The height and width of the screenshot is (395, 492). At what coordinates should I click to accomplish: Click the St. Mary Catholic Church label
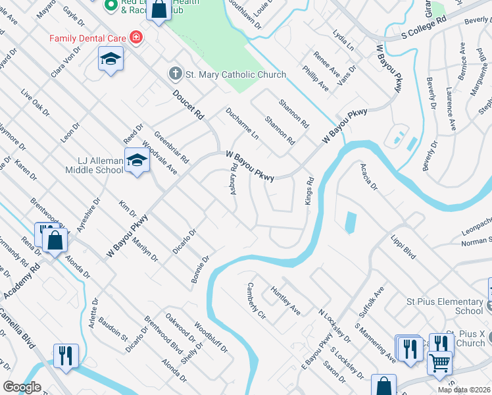click(235, 74)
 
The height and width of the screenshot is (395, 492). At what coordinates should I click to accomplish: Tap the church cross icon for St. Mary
click(176, 74)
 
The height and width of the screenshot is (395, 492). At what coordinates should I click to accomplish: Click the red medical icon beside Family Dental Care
click(136, 38)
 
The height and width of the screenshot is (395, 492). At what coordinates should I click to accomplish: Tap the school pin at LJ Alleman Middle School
click(137, 161)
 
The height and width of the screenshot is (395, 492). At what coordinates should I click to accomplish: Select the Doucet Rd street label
click(189, 105)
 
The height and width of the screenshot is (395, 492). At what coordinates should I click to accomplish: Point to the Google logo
click(22, 387)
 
